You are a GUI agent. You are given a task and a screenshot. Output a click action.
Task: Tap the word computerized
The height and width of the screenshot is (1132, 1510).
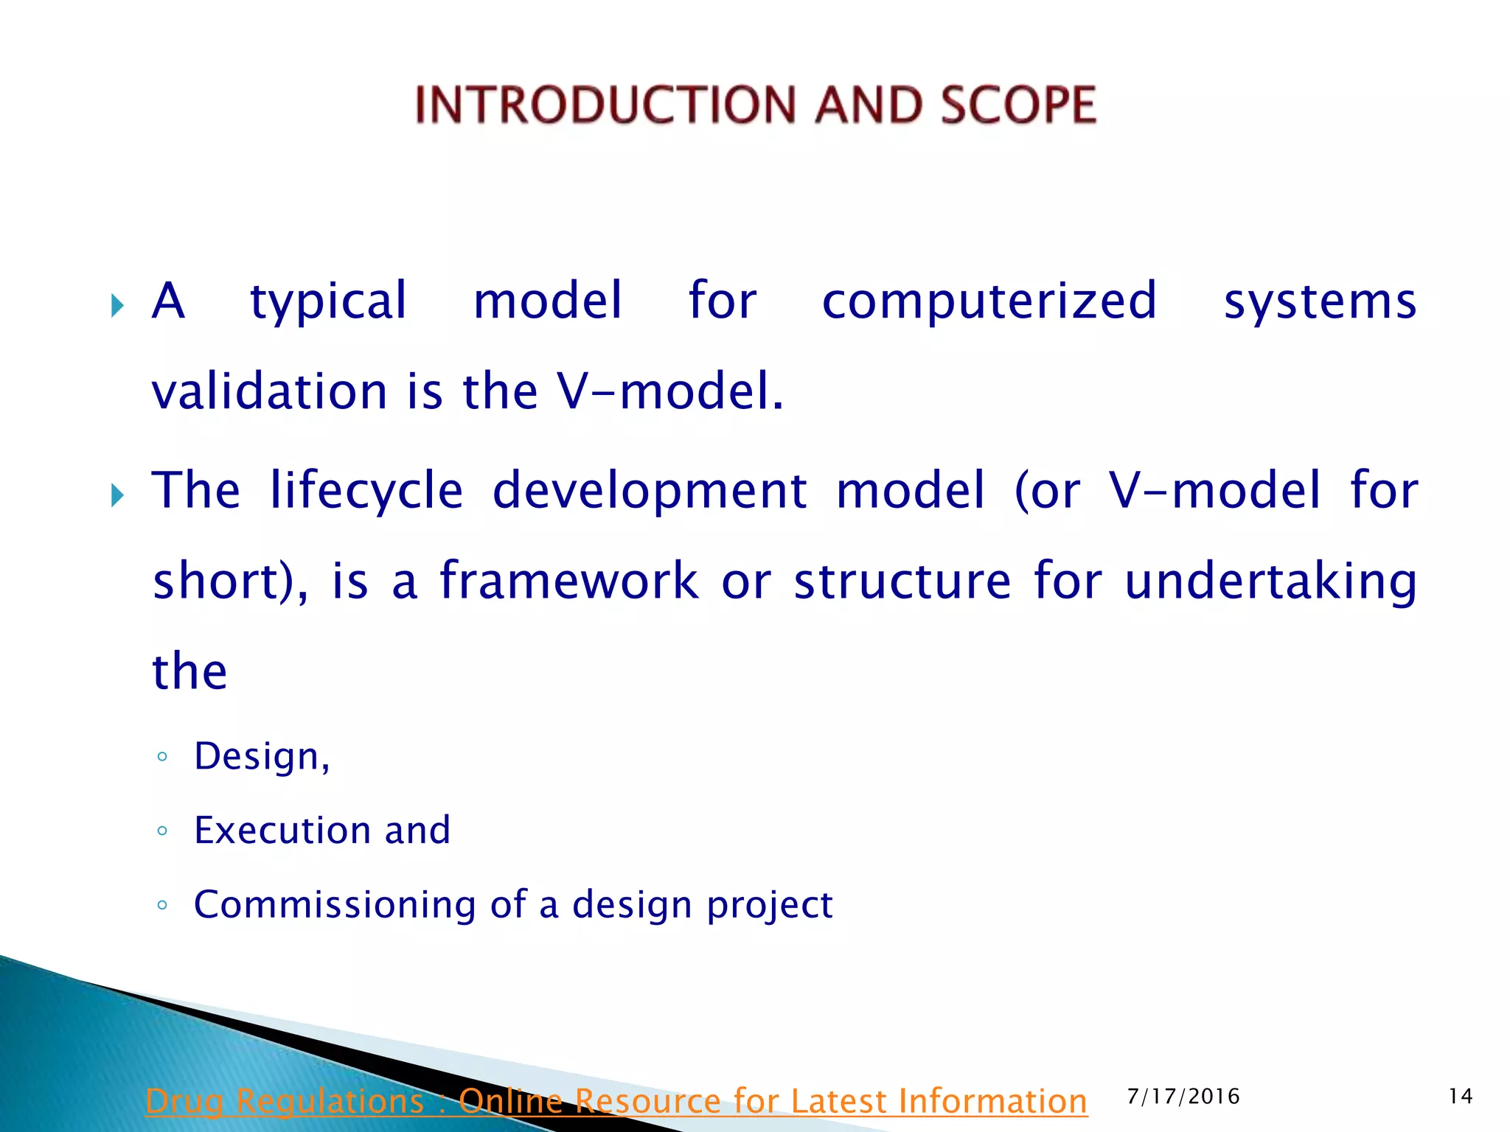pos(989,301)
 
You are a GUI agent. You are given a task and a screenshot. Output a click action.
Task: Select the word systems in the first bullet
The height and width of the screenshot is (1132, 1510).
pos(1320,301)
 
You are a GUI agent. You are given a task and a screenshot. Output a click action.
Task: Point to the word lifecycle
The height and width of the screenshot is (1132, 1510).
pos(366,490)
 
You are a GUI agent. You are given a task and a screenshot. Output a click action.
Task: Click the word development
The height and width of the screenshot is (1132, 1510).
pos(650,490)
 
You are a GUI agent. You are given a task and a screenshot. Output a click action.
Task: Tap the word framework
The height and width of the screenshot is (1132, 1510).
pos(568,581)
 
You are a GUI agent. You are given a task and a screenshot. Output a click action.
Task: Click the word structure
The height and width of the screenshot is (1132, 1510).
pos(902,581)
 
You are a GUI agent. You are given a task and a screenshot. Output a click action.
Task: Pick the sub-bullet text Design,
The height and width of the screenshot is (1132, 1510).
pos(262,757)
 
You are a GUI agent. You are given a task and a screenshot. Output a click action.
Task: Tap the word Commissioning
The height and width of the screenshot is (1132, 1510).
pos(335,905)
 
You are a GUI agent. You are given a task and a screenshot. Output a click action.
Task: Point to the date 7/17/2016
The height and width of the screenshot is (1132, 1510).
pos(1183,1097)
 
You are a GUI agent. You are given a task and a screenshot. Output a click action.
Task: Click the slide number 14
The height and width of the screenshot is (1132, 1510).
pos(1461,1097)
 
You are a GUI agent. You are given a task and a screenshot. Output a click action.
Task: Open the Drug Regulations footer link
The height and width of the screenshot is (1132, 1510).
pos(616,1102)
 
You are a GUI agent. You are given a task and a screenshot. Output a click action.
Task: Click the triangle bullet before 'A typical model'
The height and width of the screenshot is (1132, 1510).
pos(117,305)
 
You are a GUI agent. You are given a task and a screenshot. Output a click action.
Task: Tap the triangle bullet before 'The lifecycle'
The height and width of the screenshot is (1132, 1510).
pos(117,495)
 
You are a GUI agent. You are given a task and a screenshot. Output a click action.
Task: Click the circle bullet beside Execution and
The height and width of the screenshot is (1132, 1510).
pos(162,831)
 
